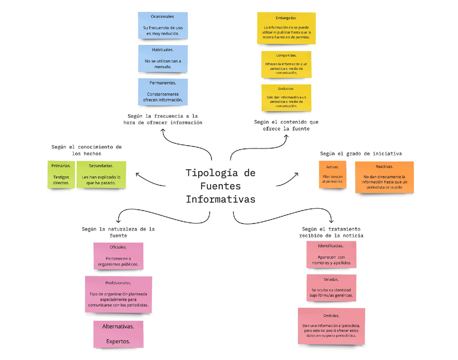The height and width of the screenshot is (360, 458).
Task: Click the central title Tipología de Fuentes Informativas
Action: click(x=220, y=186)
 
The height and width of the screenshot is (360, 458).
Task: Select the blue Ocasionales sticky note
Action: click(x=163, y=26)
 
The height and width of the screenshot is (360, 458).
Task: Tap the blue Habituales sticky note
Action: click(x=163, y=58)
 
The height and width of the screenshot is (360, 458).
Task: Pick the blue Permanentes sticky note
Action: click(x=163, y=92)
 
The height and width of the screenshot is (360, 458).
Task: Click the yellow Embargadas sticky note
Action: click(x=286, y=28)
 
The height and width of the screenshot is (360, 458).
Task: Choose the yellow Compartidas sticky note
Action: click(x=286, y=64)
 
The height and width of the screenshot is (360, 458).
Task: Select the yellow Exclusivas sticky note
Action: click(x=286, y=97)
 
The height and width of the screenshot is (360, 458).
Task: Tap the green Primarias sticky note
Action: click(x=61, y=174)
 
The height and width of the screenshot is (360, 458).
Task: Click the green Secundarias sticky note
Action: click(x=101, y=174)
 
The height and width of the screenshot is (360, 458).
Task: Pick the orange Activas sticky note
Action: click(x=333, y=175)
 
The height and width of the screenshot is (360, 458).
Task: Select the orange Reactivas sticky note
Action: click(x=384, y=177)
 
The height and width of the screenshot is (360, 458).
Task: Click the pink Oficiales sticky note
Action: click(x=118, y=256)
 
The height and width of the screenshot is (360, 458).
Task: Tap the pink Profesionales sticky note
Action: click(x=118, y=294)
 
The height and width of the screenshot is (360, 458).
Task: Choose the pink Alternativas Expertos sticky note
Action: click(x=118, y=334)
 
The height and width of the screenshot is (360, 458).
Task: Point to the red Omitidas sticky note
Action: click(x=331, y=325)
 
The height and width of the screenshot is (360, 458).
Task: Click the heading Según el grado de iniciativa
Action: click(x=361, y=154)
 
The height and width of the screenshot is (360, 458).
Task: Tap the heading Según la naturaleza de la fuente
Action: click(x=118, y=232)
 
